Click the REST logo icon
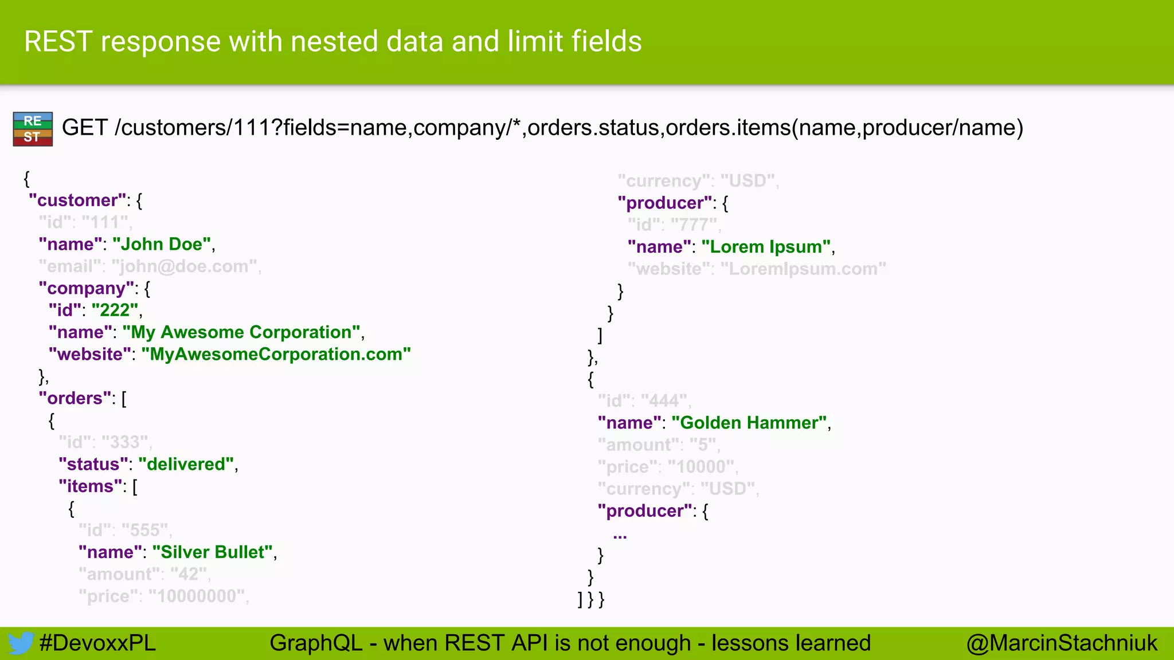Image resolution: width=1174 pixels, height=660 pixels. (x=33, y=129)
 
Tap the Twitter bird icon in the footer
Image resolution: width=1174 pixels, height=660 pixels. (x=21, y=643)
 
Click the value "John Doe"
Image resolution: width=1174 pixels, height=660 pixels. (x=162, y=245)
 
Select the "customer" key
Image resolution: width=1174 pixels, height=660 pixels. (x=77, y=201)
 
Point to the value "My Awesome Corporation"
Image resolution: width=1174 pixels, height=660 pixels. (x=241, y=332)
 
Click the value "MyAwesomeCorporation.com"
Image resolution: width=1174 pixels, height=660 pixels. (x=276, y=355)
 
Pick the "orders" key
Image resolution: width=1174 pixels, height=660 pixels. (x=75, y=399)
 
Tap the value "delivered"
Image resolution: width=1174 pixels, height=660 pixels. (x=186, y=465)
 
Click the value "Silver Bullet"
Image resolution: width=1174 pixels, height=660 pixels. (x=212, y=552)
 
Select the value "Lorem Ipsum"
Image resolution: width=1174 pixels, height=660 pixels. (x=766, y=247)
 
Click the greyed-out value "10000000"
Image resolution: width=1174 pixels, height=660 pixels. (x=197, y=596)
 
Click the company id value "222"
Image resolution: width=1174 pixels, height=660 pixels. (x=115, y=311)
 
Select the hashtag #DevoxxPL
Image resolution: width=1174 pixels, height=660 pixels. (x=97, y=643)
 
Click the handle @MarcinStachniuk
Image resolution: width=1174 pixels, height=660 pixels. (x=1062, y=643)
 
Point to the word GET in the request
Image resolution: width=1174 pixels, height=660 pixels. (x=84, y=128)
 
